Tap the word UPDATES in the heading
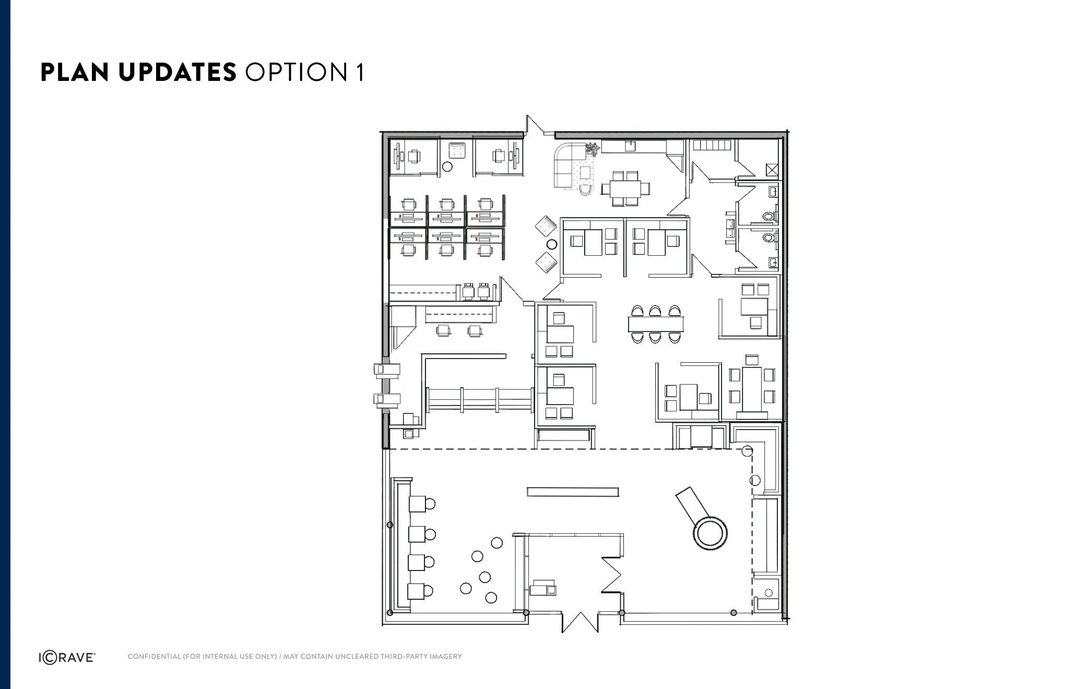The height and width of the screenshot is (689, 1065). pos(177,72)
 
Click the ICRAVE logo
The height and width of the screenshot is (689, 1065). pos(67,658)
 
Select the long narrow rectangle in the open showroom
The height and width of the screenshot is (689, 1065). pos(573,492)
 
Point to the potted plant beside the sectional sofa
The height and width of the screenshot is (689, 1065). pos(593,149)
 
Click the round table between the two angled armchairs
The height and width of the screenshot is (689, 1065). pos(551,244)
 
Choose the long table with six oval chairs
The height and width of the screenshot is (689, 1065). pos(656,324)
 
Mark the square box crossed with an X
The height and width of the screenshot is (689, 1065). pos(772,170)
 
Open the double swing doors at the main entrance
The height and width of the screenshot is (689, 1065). pos(579,621)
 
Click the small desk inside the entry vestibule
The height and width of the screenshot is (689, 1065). pos(543,588)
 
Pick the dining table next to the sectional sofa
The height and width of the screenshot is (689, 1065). pos(626,187)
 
